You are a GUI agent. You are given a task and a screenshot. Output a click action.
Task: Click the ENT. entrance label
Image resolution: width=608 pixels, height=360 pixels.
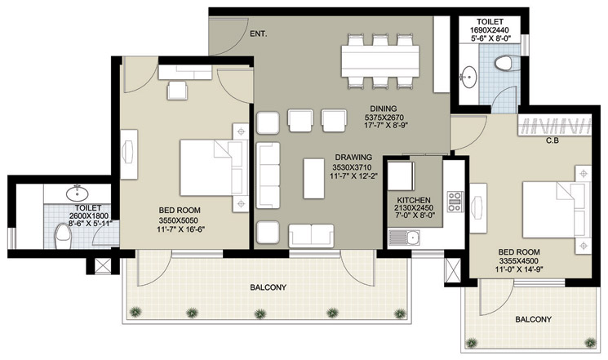(258, 34)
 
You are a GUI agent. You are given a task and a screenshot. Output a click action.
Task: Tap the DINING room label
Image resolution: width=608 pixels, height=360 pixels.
(383, 109)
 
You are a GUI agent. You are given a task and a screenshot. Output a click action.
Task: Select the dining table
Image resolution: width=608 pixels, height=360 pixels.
(380, 61)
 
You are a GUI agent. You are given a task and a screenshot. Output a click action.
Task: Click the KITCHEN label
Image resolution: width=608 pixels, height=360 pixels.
(414, 200)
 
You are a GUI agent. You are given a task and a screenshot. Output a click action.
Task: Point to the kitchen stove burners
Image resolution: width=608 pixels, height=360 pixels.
(455, 202)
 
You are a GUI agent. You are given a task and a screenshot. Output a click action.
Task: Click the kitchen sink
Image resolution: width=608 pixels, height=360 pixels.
(404, 238)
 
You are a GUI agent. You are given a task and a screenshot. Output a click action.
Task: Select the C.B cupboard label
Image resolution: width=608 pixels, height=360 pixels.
(553, 140)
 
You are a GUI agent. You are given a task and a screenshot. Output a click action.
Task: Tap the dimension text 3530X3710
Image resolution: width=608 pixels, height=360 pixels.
(352, 167)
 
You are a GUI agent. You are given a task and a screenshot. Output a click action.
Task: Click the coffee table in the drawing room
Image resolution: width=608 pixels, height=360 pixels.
(313, 179)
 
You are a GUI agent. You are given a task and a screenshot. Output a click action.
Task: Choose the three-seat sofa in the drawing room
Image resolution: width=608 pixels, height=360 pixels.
(268, 176)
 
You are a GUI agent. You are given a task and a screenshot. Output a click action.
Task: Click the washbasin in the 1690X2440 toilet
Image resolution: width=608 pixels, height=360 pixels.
(469, 76)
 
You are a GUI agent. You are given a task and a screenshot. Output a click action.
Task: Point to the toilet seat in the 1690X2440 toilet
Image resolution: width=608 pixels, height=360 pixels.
(504, 63)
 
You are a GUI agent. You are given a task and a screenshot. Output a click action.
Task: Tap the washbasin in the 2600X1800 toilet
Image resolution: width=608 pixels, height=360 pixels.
(78, 193)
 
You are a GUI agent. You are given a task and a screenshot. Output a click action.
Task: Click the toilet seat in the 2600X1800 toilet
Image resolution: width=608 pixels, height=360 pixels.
(62, 235)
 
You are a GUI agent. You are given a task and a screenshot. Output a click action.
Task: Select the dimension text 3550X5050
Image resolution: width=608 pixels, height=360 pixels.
(178, 220)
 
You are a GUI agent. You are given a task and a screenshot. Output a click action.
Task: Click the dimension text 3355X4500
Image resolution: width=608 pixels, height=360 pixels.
(518, 261)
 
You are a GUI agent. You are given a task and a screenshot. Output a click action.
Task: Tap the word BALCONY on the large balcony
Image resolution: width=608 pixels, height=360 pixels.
(268, 287)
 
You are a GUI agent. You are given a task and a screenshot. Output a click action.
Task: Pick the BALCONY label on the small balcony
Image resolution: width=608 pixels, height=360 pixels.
(533, 319)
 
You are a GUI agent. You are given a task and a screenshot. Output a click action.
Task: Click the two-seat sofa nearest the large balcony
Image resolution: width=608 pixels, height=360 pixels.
(311, 235)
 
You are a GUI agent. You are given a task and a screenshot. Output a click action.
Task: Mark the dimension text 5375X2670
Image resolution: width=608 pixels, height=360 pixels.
(384, 118)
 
